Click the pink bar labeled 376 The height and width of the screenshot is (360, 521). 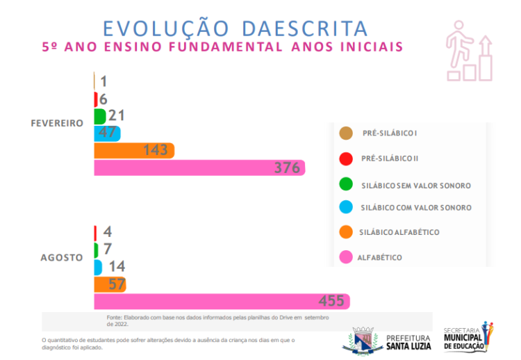pos(199,167)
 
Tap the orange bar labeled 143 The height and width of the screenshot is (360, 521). pos(133,150)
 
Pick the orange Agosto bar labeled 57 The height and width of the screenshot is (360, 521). pos(109,284)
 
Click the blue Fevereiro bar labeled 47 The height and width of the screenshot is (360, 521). pos(107,133)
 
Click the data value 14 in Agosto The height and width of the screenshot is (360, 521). pos(116,267)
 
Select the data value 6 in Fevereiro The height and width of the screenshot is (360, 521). pos(103,99)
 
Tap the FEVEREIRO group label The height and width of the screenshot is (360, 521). pos(57,123)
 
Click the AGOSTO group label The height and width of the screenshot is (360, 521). pos(61,257)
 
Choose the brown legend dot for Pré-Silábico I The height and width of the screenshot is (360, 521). pos(345,133)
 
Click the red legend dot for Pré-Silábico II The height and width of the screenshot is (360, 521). pos(345,158)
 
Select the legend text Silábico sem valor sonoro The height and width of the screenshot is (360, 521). pos(415,186)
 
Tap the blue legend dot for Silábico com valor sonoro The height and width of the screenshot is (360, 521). pos(345,208)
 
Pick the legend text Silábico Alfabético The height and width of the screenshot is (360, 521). pos(399,232)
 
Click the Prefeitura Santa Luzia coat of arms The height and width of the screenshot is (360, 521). pos(363,340)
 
